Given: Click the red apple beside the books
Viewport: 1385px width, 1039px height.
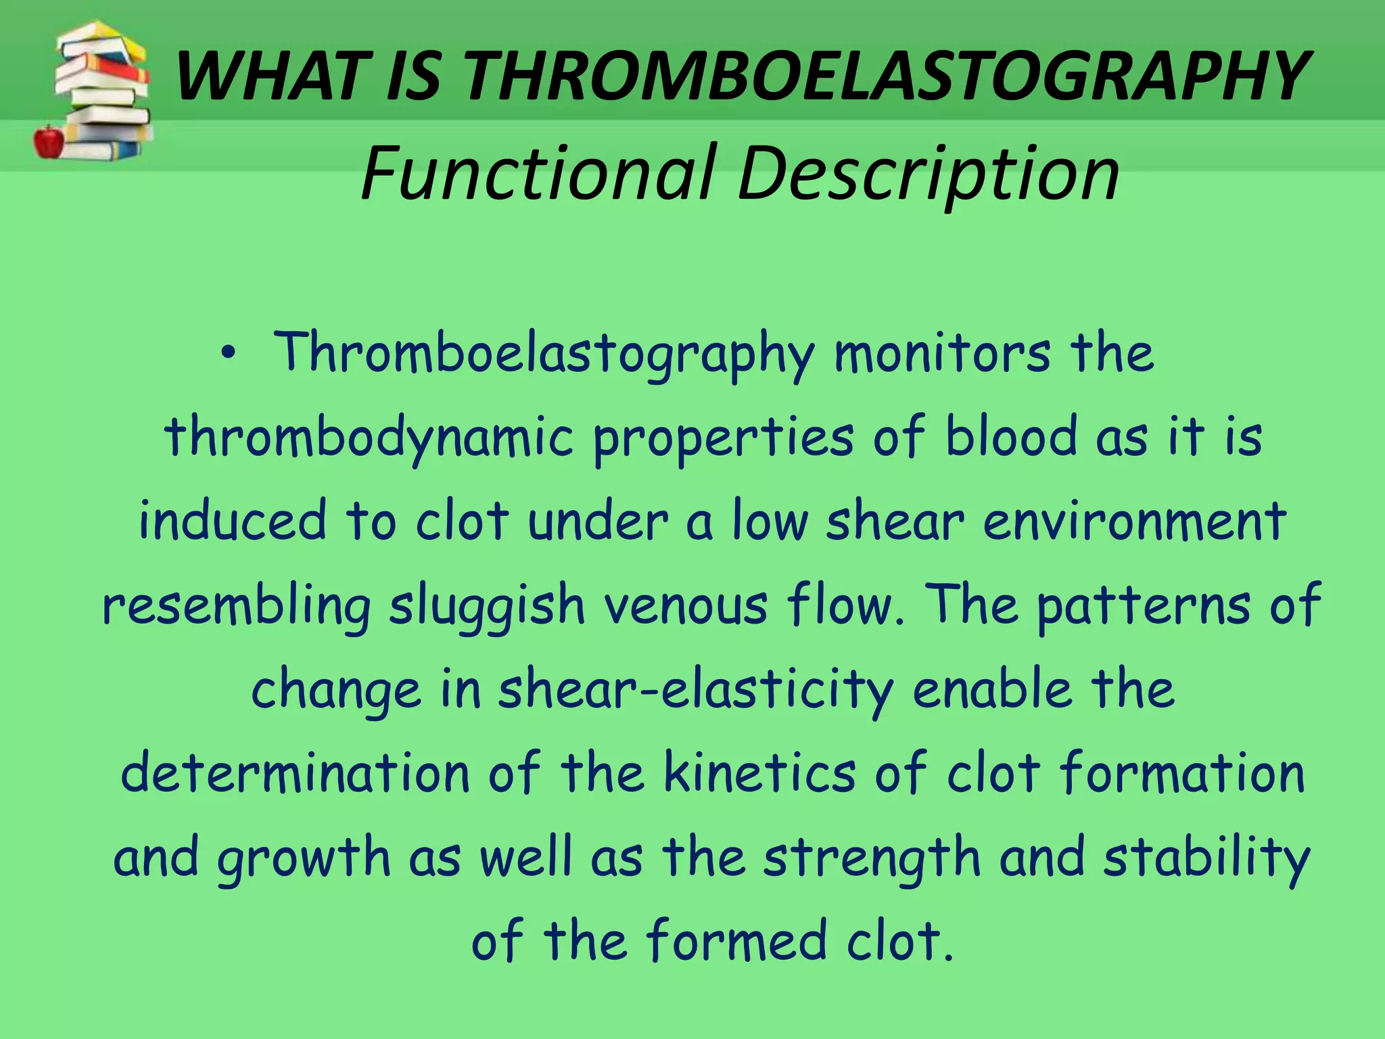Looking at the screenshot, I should pos(49,140).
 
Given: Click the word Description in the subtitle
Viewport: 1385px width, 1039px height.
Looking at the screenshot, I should pos(929,174).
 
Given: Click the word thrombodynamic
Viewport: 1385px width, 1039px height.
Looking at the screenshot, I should pos(369,438).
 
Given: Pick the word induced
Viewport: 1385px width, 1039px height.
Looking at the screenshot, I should pos(233,521).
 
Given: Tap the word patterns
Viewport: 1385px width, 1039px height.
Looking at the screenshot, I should pos(1144,605).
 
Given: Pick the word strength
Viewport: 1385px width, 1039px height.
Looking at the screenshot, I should pos(872,858).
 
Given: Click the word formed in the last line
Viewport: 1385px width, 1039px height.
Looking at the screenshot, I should pos(736,941).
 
